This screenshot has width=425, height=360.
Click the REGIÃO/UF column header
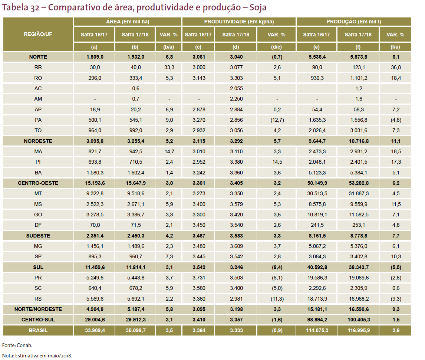38,34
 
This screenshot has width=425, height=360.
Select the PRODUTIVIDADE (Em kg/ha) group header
239,22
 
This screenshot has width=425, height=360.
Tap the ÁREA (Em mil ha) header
128,22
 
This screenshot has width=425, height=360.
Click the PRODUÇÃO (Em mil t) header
354,22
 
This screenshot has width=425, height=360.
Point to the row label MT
38,193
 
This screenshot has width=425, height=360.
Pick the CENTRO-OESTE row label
38,183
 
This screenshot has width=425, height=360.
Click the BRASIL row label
38,330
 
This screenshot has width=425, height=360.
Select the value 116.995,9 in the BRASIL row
359,330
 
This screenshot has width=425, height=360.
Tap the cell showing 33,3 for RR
169,67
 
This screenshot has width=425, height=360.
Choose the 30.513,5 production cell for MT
317,193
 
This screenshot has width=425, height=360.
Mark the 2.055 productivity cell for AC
236,88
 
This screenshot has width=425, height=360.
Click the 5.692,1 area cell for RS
135,299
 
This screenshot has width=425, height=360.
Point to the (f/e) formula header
395,47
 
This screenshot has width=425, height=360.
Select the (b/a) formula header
169,47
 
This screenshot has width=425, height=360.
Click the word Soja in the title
258,7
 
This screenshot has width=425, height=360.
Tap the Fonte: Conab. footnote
17,346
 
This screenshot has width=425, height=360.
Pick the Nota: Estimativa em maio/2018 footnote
37,356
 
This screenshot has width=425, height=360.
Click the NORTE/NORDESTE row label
38,309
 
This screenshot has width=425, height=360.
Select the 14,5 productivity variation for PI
277,162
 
